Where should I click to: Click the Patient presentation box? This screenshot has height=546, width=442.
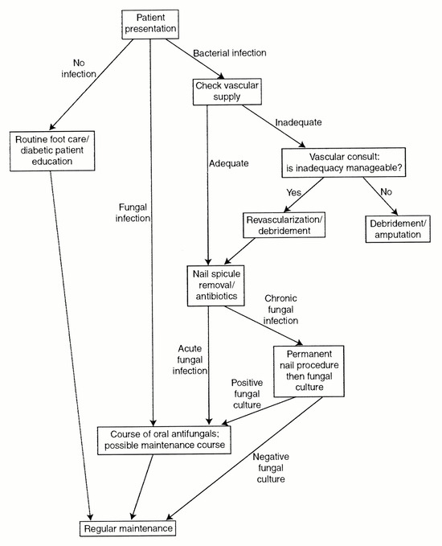[150, 24]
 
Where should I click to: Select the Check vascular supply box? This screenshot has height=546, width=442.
[227, 92]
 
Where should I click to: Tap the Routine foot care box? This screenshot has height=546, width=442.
[52, 151]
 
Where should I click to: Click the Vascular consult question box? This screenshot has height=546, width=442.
[343, 162]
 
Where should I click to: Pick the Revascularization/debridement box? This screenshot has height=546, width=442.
[284, 225]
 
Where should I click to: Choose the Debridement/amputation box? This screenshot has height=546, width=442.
[398, 229]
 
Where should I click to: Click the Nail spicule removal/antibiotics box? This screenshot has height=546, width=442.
[216, 285]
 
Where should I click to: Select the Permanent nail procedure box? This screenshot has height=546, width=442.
[309, 371]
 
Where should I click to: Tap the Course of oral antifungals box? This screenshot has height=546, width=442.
[164, 440]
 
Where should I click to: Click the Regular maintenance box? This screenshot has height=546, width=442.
[128, 528]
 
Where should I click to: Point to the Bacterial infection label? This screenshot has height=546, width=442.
[230, 53]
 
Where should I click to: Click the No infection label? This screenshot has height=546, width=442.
[79, 68]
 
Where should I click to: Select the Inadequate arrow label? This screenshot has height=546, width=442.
[298, 122]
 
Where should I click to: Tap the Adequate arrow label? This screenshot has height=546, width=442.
[229, 163]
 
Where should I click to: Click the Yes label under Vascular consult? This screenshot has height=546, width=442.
[294, 192]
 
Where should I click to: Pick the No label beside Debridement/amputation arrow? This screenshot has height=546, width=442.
[386, 192]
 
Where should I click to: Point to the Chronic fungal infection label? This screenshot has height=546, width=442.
[280, 310]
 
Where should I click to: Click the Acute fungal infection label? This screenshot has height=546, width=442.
[190, 359]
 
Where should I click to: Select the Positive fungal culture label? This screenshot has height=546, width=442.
[247, 394]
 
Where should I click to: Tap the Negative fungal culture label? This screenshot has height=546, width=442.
[271, 468]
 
